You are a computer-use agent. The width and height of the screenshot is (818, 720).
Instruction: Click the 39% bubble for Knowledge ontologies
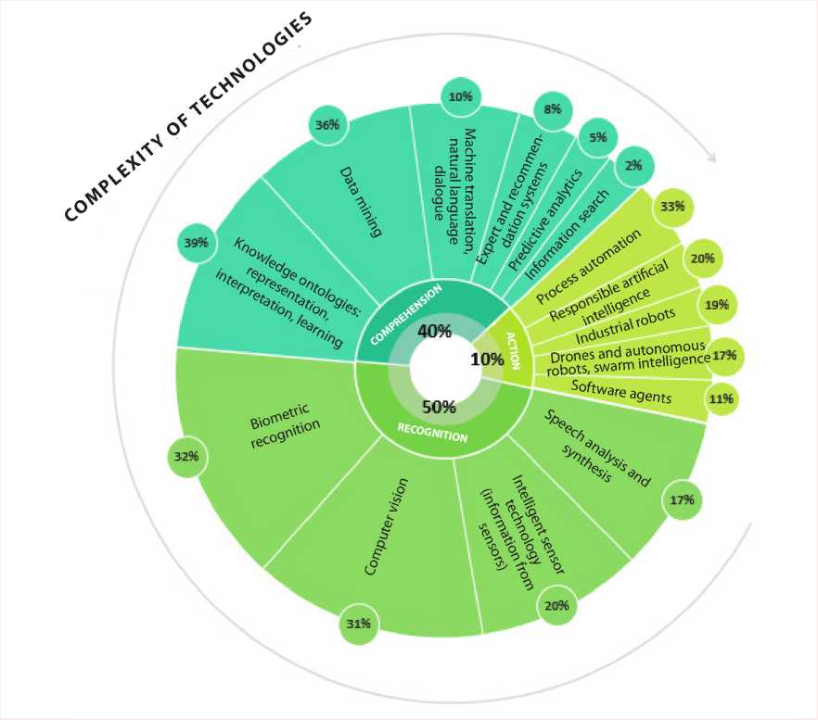pyautogui.click(x=196, y=243)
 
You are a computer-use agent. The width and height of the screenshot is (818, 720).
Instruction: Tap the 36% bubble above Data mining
pyautogui.click(x=326, y=125)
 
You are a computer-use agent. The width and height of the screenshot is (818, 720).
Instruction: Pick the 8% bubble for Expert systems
pyautogui.click(x=554, y=109)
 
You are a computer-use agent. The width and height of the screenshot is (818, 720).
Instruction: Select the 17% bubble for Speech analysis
pyautogui.click(x=682, y=500)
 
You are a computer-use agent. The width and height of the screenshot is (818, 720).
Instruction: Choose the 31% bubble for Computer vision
pyautogui.click(x=358, y=625)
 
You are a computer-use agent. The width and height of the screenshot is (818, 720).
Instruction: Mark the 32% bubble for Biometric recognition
pyautogui.click(x=188, y=456)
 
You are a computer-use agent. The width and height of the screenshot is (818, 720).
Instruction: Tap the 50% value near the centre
pyautogui.click(x=438, y=407)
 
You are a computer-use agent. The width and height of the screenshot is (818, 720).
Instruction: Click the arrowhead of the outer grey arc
pyautogui.click(x=712, y=158)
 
